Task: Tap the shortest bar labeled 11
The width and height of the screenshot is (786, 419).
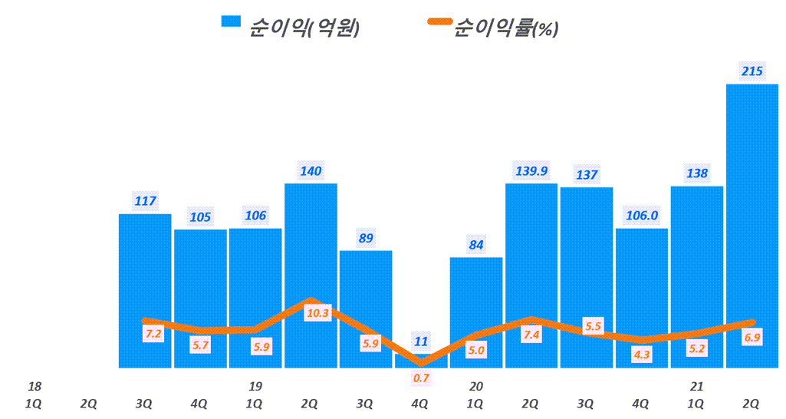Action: pos(421,361)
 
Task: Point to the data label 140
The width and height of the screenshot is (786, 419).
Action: pos(311,171)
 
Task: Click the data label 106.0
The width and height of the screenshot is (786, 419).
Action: pos(642,216)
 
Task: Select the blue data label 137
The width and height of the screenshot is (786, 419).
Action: pos(587,175)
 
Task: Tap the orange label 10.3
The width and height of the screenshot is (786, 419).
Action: pos(317,313)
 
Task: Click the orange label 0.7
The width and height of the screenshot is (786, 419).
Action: pos(421,378)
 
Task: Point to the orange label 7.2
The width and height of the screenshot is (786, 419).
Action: pos(153,334)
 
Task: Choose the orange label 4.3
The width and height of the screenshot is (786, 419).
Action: pos(642,355)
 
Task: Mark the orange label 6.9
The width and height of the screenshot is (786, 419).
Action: pos(752,338)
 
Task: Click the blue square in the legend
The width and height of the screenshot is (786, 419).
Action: pos(230,21)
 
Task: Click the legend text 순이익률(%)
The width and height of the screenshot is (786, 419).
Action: pos(506,28)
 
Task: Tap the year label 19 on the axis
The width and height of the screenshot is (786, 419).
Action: pos(255,386)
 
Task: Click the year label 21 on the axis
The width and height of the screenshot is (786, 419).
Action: pos(696,386)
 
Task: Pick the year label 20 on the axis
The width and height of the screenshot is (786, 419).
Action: pos(476,386)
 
